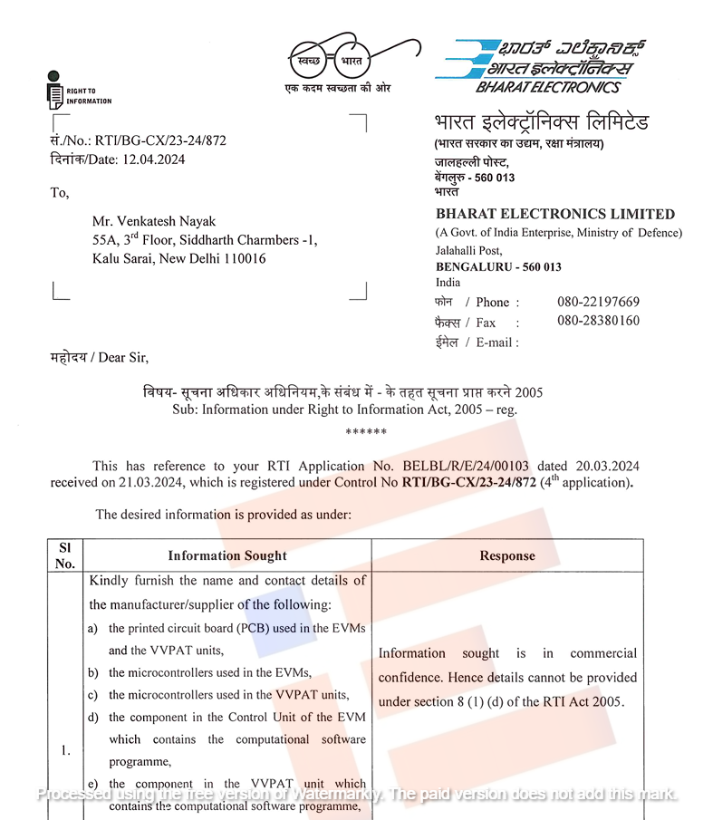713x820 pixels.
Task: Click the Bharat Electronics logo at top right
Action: pos(534,65)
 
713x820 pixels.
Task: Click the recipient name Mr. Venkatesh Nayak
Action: pos(154,222)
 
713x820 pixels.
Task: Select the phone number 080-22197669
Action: pos(598,302)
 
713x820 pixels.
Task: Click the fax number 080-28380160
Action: pos(598,321)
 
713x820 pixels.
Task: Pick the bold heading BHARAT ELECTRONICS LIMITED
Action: pos(554,215)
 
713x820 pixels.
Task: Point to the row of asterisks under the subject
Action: pos(366,432)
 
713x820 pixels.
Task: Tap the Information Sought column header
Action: pos(226,555)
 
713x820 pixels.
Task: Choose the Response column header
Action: pos(507,555)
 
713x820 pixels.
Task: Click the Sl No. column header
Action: pos(65,555)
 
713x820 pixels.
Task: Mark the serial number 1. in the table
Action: pos(65,750)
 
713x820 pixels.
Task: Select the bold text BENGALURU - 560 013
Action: pos(498,267)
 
